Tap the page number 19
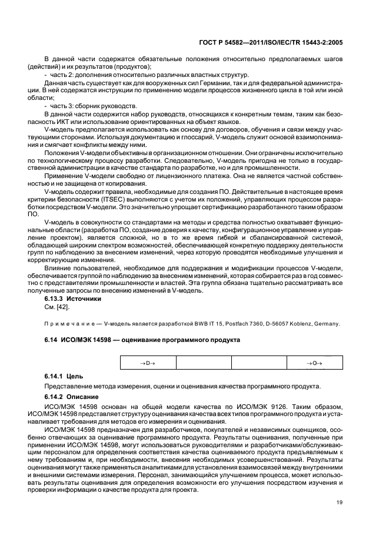pos(339,519)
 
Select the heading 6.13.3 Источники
pos(73,299)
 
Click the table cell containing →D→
pos(148,364)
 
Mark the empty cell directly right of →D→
pos(203,364)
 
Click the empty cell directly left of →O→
pos(258,364)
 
